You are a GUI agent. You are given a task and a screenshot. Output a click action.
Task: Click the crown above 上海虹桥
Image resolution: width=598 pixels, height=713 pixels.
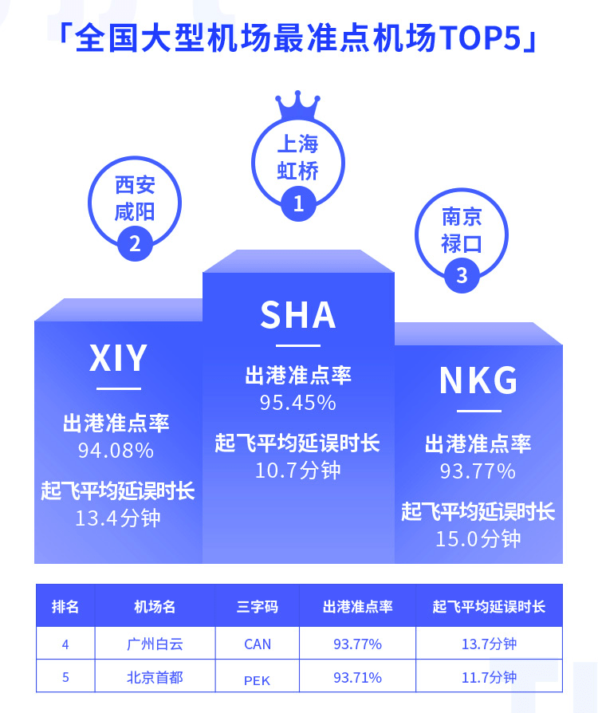tap(298, 105)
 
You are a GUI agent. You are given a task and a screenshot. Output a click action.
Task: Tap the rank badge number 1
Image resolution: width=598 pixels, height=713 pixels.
tap(298, 203)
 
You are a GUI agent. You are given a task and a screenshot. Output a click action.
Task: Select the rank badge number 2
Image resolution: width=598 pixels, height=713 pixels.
tap(135, 244)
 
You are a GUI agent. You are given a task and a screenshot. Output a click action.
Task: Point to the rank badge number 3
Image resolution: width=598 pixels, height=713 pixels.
tap(462, 275)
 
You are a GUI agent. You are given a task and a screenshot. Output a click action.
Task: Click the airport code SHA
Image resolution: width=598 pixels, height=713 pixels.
tap(298, 315)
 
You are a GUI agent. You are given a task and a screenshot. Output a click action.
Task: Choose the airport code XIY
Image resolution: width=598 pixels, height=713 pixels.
tap(118, 358)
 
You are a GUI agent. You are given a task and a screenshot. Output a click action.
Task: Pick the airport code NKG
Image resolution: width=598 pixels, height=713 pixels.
tap(478, 380)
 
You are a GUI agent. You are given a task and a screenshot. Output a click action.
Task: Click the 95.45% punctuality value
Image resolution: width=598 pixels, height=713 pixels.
tap(298, 403)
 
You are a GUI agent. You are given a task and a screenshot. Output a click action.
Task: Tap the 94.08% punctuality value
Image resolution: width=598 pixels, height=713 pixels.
tap(116, 451)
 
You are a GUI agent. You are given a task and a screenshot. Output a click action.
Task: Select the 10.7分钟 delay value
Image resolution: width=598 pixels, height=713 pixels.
tap(298, 471)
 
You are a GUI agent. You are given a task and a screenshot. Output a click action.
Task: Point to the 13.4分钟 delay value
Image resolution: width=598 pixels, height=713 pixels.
tap(118, 518)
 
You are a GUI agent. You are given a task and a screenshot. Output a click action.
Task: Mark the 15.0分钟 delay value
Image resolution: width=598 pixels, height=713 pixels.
tap(478, 539)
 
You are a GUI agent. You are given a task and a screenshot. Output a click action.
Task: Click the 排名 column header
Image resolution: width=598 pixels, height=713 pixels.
tap(65, 607)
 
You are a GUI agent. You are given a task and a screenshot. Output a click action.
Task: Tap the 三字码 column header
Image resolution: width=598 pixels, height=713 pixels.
tap(258, 607)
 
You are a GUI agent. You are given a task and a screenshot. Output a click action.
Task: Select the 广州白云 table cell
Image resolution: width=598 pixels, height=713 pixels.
tap(155, 644)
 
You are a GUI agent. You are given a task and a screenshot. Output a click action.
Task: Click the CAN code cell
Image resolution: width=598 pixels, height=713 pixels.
tap(258, 644)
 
